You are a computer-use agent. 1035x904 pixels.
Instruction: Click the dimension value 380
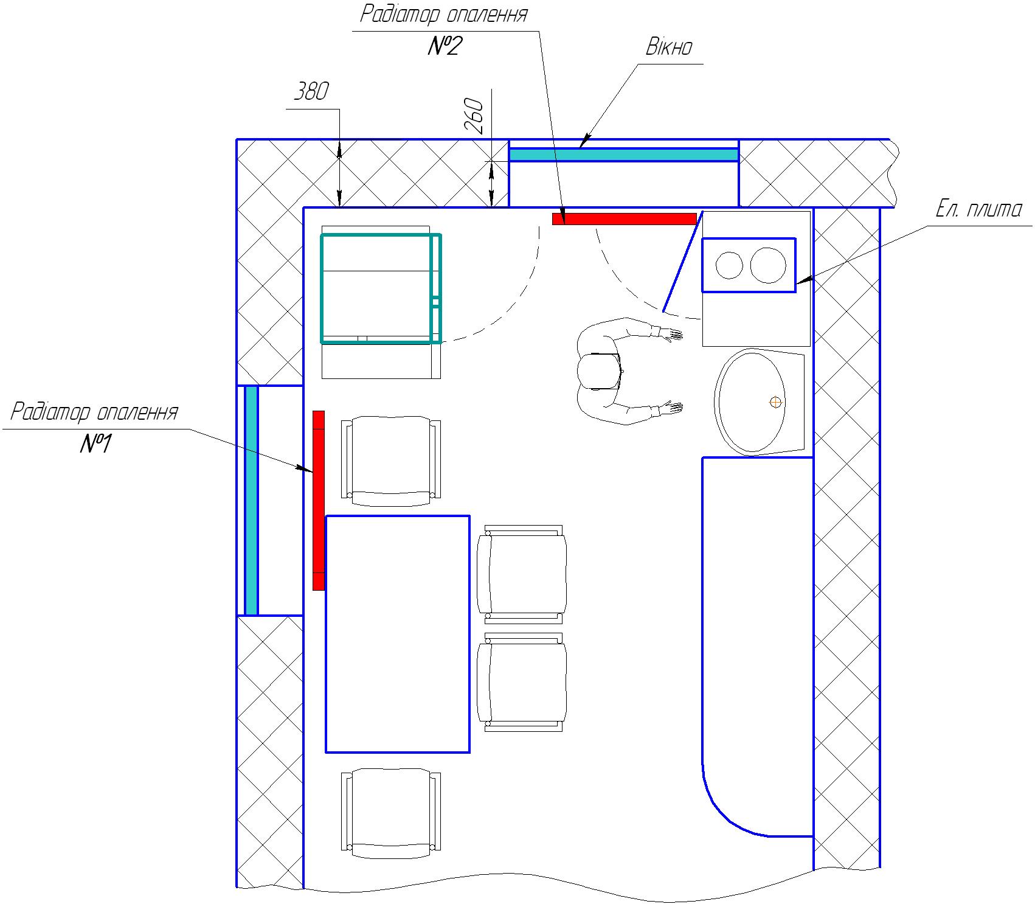coord(311,92)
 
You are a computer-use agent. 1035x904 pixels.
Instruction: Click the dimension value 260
coord(474,116)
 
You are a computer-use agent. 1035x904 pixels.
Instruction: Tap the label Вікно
coord(669,47)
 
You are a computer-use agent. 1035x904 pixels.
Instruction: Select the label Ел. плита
coord(978,209)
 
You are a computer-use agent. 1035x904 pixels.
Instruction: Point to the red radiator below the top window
coord(624,219)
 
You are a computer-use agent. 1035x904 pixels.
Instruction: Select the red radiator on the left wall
coord(318,500)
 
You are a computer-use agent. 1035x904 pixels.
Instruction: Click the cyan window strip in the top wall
coord(624,155)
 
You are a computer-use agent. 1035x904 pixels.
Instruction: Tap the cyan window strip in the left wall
coord(251,500)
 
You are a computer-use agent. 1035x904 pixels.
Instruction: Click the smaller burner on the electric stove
coord(729,265)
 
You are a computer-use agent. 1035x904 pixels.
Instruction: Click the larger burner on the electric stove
coord(768,265)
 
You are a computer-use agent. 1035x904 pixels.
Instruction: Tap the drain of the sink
coord(775,402)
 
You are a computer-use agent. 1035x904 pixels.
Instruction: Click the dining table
coord(398,634)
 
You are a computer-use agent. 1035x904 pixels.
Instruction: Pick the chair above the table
coord(391,461)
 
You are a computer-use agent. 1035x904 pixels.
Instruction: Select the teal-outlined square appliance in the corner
coord(381,288)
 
